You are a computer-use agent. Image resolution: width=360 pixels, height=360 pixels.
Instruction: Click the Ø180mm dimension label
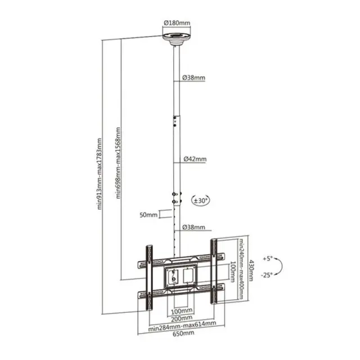click(177, 23)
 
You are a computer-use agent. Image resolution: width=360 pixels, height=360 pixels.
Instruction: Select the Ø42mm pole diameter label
click(195, 159)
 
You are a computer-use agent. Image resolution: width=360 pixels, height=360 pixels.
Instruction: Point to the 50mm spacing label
click(148, 215)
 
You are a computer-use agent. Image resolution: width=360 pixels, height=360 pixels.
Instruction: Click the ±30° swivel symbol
click(201, 200)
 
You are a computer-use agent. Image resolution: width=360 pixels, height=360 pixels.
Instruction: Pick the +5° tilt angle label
click(268, 259)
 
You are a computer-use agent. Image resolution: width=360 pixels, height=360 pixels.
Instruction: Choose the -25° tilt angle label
click(267, 274)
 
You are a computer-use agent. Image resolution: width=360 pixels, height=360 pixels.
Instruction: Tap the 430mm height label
click(251, 271)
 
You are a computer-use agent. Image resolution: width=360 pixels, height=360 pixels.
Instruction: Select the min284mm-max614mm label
click(182, 326)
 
